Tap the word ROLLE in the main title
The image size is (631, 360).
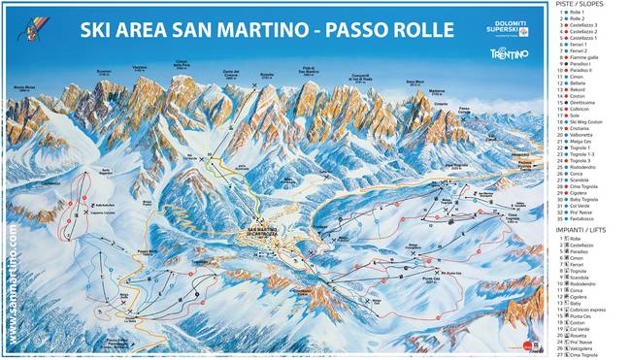click(x=418, y=31)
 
